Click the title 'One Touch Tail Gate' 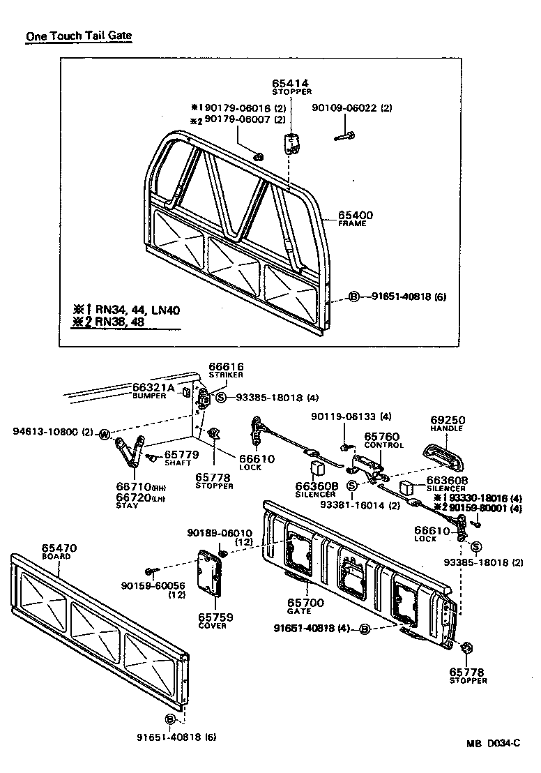point(79,36)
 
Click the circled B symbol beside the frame point(353,297)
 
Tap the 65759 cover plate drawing point(211,573)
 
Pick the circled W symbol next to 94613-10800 point(104,433)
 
